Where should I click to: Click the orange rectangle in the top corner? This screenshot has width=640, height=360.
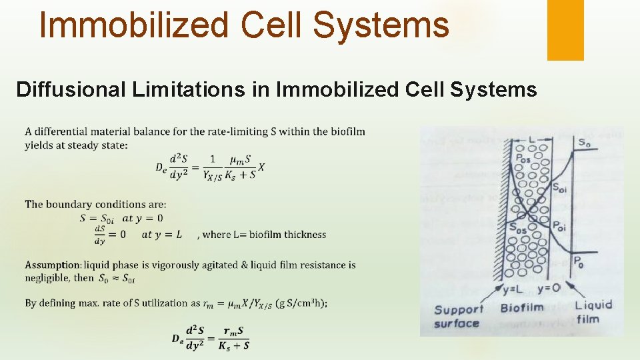click(565, 30)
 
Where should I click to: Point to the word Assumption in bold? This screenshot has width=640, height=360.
click(53, 265)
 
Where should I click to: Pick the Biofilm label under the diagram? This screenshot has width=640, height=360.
click(521, 308)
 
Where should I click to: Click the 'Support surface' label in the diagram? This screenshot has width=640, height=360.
click(458, 316)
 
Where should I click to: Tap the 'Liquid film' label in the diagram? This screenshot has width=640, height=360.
click(593, 312)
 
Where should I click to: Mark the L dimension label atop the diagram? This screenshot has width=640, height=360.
click(531, 139)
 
